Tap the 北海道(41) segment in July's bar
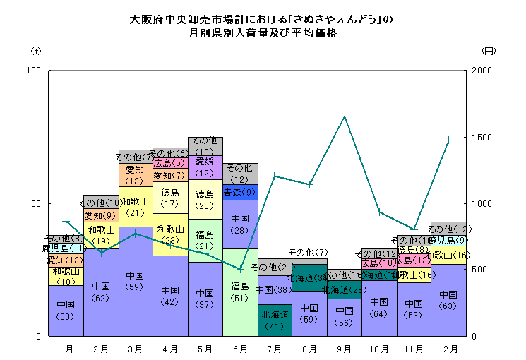(275, 320)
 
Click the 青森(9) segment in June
(240, 192)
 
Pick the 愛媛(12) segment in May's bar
(205, 167)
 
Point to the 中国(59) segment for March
(136, 281)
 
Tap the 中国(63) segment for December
(448, 300)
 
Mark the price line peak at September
(345, 116)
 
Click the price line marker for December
(448, 140)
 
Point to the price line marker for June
(240, 269)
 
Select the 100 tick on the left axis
(32, 71)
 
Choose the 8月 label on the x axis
(309, 348)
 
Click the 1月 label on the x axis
(66, 348)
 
